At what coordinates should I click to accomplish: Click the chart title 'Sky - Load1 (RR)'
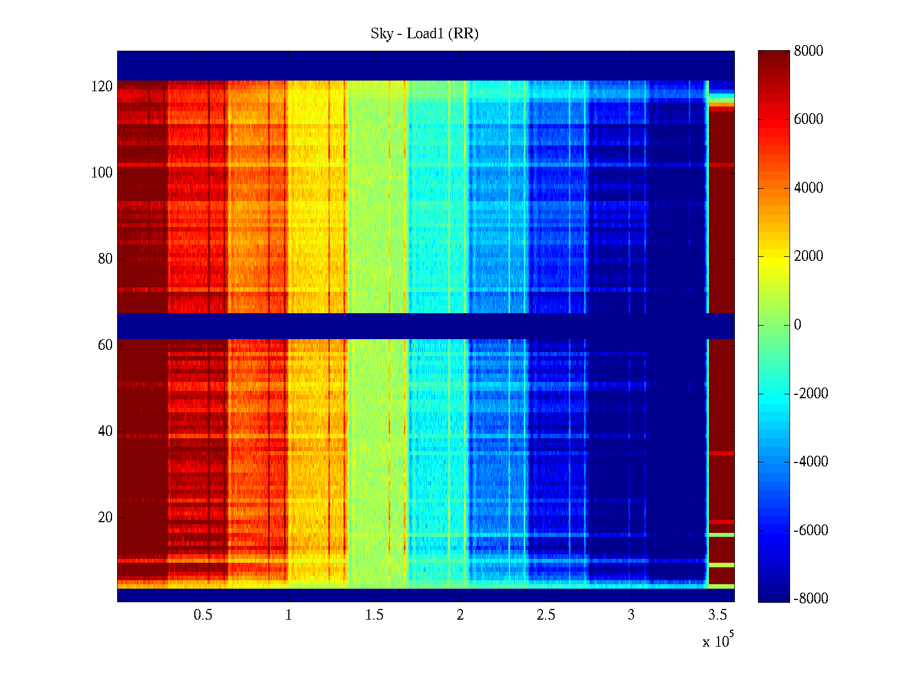point(425,34)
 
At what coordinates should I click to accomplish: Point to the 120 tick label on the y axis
point(102,87)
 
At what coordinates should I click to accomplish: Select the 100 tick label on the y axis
point(102,173)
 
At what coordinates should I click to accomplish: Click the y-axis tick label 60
point(105,345)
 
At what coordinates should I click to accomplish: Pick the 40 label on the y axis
point(105,432)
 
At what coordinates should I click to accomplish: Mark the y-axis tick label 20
point(105,518)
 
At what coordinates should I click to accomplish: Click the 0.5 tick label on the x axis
point(203,615)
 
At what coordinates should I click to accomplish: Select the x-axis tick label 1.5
point(374,615)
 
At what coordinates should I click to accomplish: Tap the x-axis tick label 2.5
point(546,615)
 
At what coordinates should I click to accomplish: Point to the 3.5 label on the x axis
point(717,615)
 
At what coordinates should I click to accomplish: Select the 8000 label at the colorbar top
point(809,51)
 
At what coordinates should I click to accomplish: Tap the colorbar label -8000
point(811,599)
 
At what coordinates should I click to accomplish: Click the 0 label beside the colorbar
point(797,325)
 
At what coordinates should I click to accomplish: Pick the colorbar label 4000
point(809,188)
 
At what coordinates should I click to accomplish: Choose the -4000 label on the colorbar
point(811,462)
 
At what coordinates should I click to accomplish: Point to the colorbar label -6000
point(811,531)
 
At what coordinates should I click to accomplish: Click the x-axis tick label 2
point(460,615)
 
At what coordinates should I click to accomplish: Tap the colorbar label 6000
point(809,119)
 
